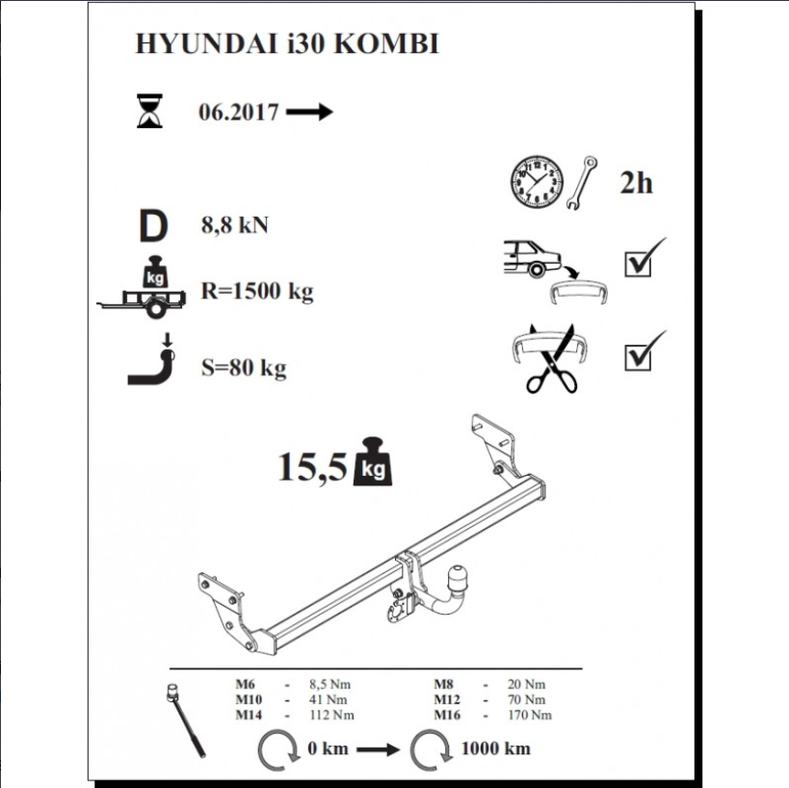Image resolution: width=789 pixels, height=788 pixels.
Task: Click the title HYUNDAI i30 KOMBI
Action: click(x=287, y=43)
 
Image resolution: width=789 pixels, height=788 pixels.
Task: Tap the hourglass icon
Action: click(x=149, y=111)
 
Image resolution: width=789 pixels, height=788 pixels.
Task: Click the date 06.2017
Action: click(x=239, y=112)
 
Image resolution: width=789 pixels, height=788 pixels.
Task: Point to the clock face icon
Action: click(x=537, y=182)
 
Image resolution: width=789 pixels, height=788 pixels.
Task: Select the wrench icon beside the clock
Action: click(x=582, y=182)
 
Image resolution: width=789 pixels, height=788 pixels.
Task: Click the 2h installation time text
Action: click(x=636, y=183)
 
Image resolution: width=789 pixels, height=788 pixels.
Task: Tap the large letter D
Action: click(x=153, y=226)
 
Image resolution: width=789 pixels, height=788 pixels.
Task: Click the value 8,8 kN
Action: click(x=234, y=224)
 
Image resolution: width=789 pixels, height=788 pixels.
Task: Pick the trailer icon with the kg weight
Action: click(x=142, y=287)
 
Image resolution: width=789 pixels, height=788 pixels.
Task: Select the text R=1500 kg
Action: click(x=257, y=291)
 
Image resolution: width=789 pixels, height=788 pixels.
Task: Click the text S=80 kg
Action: click(x=244, y=368)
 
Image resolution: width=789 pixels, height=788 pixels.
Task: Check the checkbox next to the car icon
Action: click(x=638, y=264)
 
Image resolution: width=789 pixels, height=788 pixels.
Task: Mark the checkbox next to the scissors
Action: click(x=638, y=356)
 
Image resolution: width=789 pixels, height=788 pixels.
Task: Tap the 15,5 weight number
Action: click(x=312, y=466)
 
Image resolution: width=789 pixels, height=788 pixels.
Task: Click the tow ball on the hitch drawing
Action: click(x=458, y=575)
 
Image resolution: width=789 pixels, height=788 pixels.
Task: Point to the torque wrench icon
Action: click(x=186, y=720)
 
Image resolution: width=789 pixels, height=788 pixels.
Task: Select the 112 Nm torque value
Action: click(x=331, y=715)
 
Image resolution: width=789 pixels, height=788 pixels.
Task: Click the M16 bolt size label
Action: click(x=447, y=715)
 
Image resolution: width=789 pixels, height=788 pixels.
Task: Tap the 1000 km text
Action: click(x=495, y=749)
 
